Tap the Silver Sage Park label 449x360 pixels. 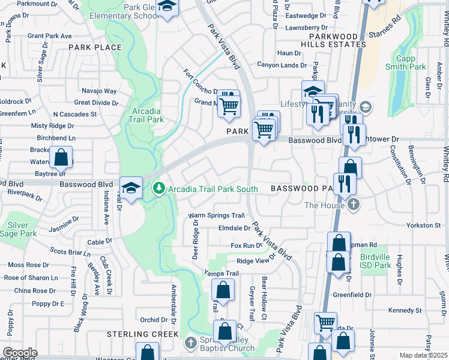click(x=22, y=229)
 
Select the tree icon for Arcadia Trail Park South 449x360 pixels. click(x=159, y=189)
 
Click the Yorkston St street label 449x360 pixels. click(x=423, y=225)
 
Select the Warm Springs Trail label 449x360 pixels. click(x=217, y=215)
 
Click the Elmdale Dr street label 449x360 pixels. click(x=235, y=228)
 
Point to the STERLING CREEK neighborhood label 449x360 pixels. click(x=142, y=334)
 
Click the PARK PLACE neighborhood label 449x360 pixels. click(x=95, y=47)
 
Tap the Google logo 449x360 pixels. click(x=20, y=353)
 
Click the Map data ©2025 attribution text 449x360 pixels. click(x=423, y=355)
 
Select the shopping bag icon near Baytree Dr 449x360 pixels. click(x=61, y=158)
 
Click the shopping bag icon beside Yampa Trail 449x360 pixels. click(x=223, y=290)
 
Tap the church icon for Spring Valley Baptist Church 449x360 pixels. click(x=190, y=343)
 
